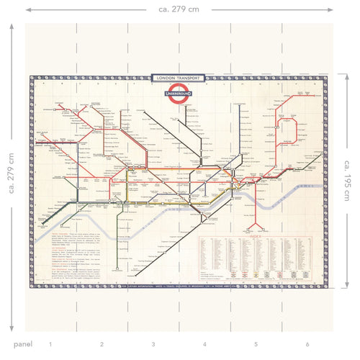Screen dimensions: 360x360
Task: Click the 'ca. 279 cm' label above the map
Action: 180,9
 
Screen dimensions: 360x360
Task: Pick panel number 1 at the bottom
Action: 50,344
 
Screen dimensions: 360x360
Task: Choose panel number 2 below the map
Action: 102,344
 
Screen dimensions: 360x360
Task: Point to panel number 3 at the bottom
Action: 153,344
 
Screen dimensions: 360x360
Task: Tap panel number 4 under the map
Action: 204,344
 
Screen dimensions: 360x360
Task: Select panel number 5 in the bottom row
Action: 256,344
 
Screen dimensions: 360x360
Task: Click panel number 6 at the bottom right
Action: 307,344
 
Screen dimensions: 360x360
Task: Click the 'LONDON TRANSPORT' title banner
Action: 180,78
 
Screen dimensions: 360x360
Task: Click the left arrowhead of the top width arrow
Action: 27,9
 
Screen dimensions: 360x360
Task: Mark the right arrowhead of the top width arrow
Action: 331,9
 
